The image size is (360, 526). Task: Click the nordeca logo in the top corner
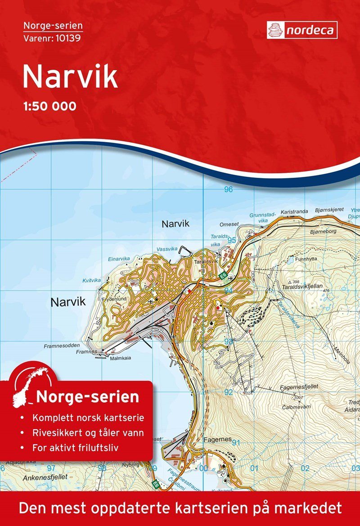(x=302, y=30)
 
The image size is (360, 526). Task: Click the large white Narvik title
(x=70, y=76)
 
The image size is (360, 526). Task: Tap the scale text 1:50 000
(x=49, y=107)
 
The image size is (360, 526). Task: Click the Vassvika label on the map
(x=167, y=249)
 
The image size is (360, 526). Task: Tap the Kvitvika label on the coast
(x=92, y=280)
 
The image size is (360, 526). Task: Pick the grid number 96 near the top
(x=229, y=189)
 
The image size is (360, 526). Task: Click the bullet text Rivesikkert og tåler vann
(x=88, y=433)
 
